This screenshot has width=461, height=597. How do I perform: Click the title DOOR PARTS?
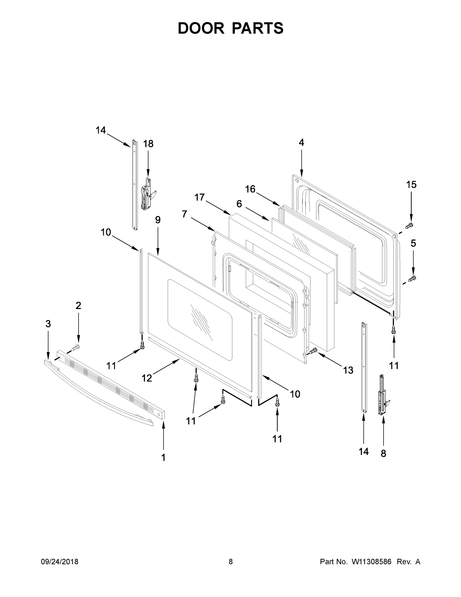(231, 28)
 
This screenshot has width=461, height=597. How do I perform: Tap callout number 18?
(148, 144)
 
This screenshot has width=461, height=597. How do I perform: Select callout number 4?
(301, 143)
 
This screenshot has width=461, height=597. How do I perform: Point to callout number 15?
(411, 185)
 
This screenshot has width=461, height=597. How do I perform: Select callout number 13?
(348, 370)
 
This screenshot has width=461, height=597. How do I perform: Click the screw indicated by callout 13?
(314, 350)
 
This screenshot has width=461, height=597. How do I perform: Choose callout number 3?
(48, 324)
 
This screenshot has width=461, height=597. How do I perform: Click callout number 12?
(147, 378)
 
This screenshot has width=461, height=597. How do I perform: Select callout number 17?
(200, 197)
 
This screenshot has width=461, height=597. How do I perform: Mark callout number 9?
(158, 220)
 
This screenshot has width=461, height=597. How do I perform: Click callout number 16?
(250, 189)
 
